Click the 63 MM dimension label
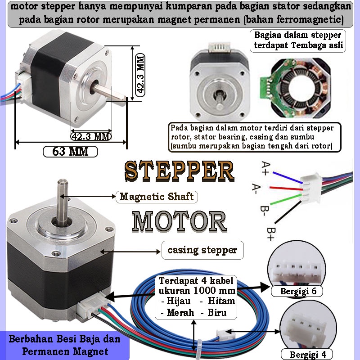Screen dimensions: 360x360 coord(70,152)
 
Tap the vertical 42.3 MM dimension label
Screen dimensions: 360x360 coord(140,75)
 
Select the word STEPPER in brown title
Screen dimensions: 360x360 coord(179,171)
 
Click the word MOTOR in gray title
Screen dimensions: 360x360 coord(180,221)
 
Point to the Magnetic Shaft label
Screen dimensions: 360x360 coord(157,197)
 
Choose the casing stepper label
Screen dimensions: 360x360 coord(202,250)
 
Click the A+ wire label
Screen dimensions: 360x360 coord(265,168)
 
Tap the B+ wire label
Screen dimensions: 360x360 coord(271,234)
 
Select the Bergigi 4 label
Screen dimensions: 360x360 coord(307,354)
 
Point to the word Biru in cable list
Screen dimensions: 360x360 coord(217,312)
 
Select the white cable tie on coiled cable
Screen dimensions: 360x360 coord(198,349)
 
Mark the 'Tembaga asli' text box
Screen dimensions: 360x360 coord(298,40)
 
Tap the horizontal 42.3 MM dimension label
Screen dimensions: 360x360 coord(91,137)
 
